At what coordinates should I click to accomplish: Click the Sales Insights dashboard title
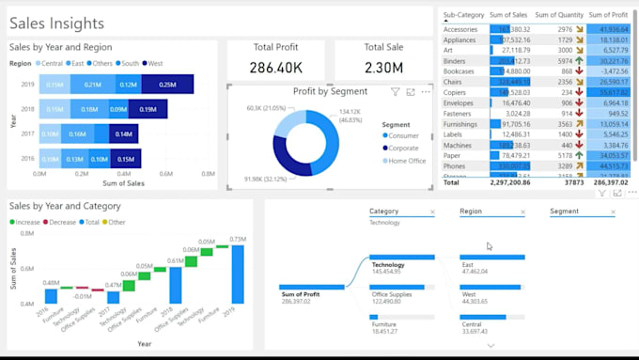point(57,23)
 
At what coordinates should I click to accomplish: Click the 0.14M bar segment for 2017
point(123,133)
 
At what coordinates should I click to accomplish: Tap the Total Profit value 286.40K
point(275,68)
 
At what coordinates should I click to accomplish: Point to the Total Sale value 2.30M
point(382,68)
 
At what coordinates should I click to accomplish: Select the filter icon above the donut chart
point(396,92)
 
